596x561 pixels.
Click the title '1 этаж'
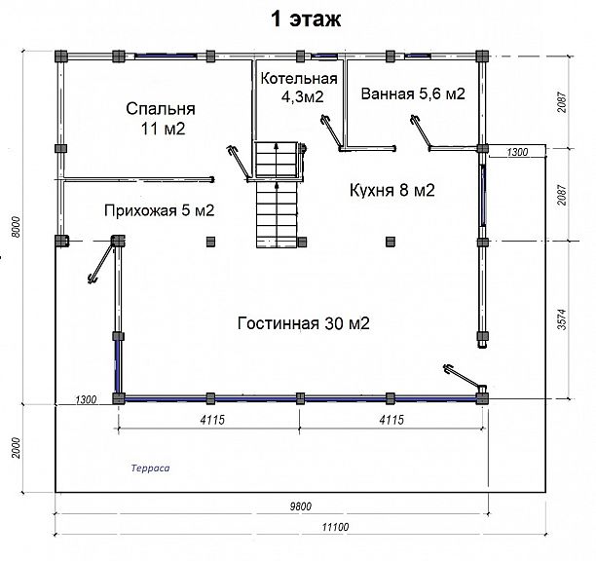[x=306, y=19]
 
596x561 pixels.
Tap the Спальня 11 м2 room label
[x=161, y=119]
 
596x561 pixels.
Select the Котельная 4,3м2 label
[x=299, y=88]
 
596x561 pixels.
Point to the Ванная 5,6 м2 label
[x=413, y=93]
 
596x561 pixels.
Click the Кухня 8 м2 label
[x=391, y=190]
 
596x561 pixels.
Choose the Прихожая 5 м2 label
[x=160, y=210]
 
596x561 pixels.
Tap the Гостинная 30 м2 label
[x=303, y=323]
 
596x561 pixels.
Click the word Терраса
[x=151, y=467]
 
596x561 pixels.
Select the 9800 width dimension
[x=301, y=506]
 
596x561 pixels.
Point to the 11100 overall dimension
[x=335, y=527]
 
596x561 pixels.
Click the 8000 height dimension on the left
[x=16, y=227]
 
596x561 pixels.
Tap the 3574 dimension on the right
[x=562, y=319]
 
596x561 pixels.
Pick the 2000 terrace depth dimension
[x=16, y=448]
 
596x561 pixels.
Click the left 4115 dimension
[x=212, y=420]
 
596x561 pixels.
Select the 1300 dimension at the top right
[x=518, y=152]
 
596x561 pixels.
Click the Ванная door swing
[x=421, y=131]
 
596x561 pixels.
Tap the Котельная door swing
[x=332, y=132]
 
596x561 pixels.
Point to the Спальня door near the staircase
[x=239, y=163]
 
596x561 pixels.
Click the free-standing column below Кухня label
[x=391, y=242]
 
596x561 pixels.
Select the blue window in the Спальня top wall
[x=166, y=56]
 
